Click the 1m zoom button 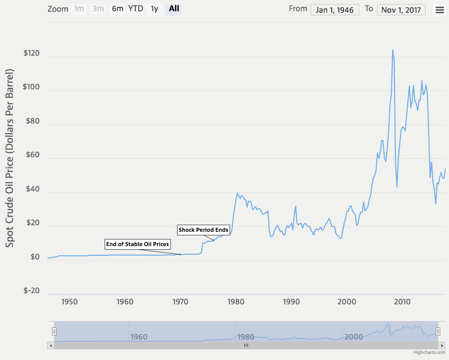[79, 9]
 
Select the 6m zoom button [117, 9]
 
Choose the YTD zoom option [135, 9]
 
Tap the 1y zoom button [154, 9]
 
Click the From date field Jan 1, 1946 [335, 10]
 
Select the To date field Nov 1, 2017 [401, 10]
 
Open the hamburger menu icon [439, 10]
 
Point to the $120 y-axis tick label [32, 54]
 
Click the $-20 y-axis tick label [32, 291]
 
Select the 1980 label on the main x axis [236, 301]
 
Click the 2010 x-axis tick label [402, 301]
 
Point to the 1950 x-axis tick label [69, 301]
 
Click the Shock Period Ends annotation [203, 230]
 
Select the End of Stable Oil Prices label [137, 244]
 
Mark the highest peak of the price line [392, 50]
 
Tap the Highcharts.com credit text [429, 352]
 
